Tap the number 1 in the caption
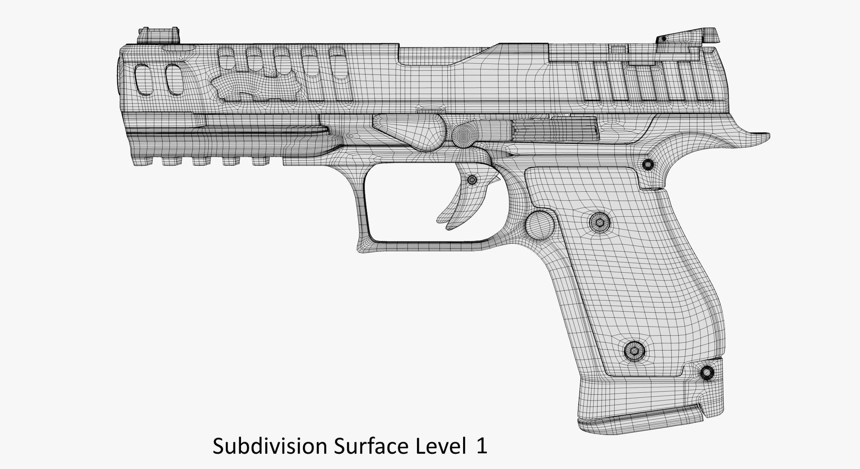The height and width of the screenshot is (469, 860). tap(482, 447)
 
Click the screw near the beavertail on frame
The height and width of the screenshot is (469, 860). tap(648, 165)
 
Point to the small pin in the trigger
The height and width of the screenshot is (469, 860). tap(472, 180)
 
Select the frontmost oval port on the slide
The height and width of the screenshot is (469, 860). tap(143, 79)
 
